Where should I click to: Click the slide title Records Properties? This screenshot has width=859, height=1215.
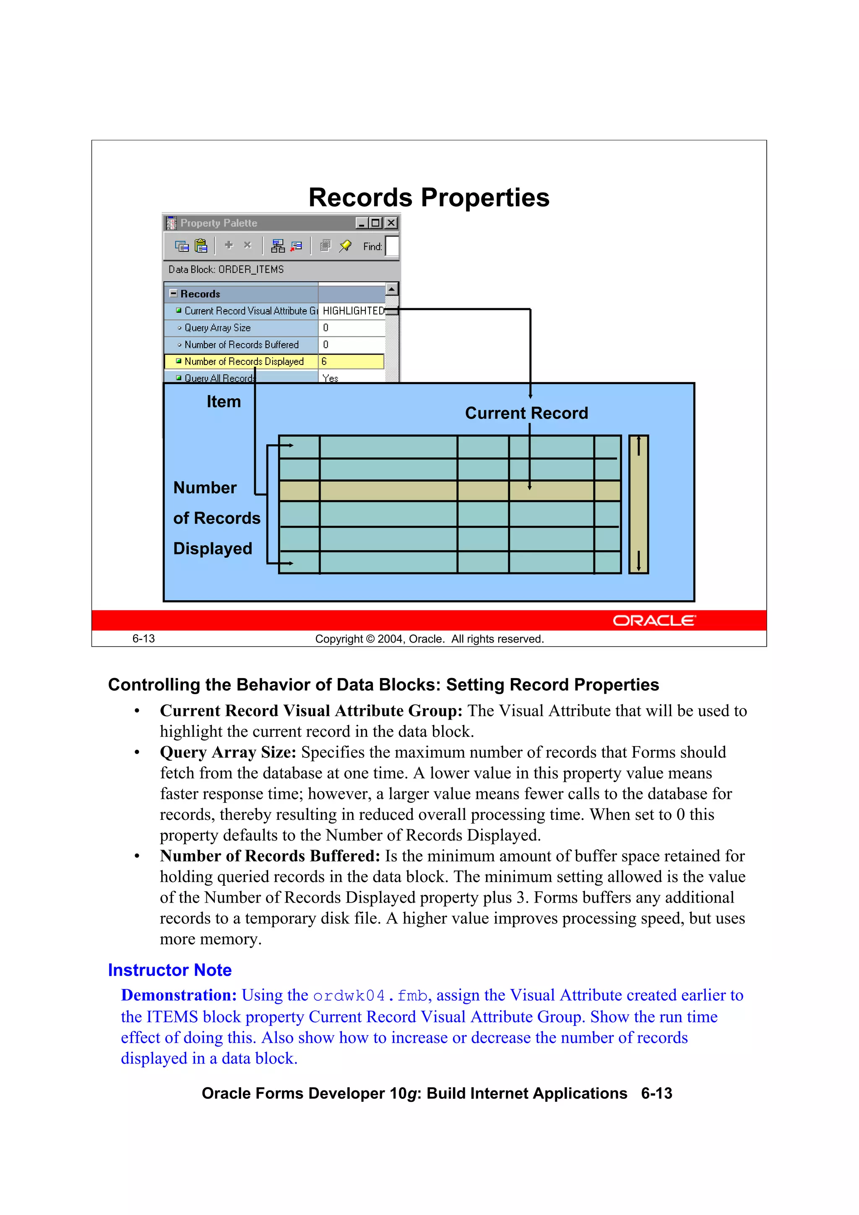click(429, 198)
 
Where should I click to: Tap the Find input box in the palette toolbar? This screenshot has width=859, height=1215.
click(392, 246)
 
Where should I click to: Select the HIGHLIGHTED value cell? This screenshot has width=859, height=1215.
click(352, 311)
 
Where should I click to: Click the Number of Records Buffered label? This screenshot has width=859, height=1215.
click(241, 344)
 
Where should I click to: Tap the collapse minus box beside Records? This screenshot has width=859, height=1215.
click(173, 293)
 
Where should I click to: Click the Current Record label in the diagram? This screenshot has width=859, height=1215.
click(526, 413)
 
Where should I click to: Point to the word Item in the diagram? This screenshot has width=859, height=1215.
click(224, 402)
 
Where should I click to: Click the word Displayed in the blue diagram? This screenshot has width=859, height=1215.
click(212, 548)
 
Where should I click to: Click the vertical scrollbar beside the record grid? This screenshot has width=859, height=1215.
click(638, 504)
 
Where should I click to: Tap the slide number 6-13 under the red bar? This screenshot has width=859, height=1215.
click(143, 639)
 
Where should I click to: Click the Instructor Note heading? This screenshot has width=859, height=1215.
click(169, 970)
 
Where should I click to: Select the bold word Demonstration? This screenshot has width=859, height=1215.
click(178, 995)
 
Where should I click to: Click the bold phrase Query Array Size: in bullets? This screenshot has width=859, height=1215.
click(228, 752)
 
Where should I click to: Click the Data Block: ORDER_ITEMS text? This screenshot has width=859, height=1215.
click(226, 269)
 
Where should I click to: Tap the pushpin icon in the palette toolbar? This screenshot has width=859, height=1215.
click(345, 245)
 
